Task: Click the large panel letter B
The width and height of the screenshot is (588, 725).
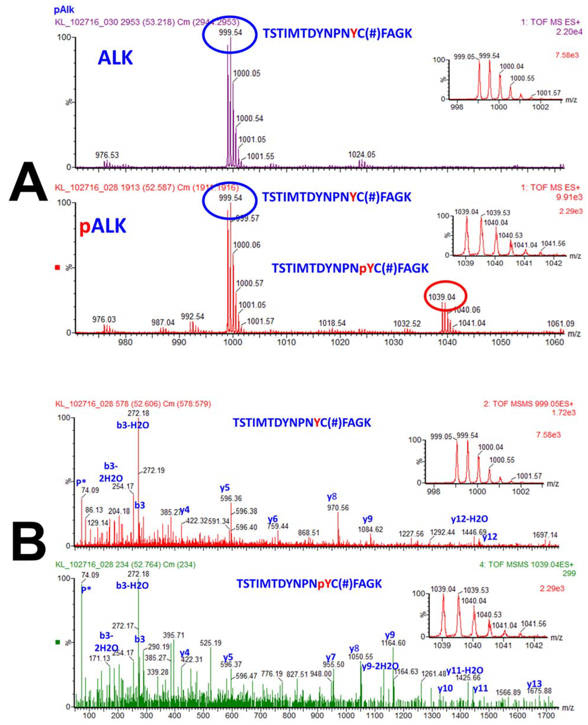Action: click(x=28, y=541)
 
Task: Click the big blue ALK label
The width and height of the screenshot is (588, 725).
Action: click(x=115, y=58)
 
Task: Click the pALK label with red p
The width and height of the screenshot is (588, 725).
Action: click(x=103, y=226)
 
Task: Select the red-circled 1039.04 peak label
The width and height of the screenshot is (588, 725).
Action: click(x=442, y=297)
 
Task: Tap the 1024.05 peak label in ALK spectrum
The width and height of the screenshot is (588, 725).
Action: click(x=362, y=155)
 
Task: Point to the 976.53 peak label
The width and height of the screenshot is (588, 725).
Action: click(x=107, y=155)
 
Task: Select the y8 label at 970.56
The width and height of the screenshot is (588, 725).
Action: click(x=332, y=497)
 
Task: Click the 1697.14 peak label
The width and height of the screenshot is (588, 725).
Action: click(x=545, y=535)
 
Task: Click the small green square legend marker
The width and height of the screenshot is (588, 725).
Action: click(x=58, y=642)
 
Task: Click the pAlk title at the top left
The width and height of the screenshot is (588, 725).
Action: click(x=64, y=10)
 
